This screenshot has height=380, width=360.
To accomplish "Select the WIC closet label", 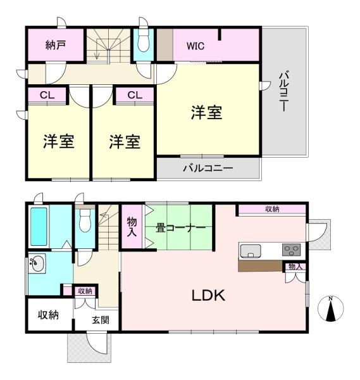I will [196, 46].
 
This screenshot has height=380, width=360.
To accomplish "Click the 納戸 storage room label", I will [56, 46].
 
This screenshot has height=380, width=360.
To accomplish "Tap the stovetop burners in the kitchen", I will [291, 249].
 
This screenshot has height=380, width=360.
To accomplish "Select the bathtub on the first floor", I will [39, 226].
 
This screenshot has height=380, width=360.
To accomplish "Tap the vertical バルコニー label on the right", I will [283, 92].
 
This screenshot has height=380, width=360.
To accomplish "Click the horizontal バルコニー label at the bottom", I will [208, 168].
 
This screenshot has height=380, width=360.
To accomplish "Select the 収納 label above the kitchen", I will [273, 210].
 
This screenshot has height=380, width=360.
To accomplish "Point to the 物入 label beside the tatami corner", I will [132, 227].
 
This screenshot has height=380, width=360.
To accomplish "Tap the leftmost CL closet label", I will [46, 95].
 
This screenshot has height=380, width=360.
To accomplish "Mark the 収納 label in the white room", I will [48, 315].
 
